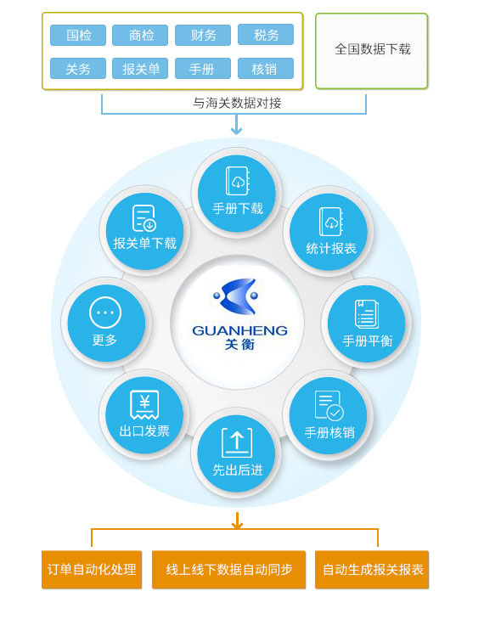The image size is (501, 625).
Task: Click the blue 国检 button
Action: pos(78,35)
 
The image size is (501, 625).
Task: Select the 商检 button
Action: pos(140,35)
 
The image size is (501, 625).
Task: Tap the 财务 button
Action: pos(203,35)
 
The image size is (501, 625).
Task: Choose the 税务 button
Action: pos(266,35)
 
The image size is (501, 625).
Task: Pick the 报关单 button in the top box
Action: pos(140,69)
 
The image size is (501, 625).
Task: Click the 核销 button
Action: pos(266,69)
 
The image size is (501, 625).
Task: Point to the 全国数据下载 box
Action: pos(371,51)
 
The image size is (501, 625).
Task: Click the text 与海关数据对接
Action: pos(237,104)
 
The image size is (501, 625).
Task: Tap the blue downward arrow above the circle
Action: pos(237,125)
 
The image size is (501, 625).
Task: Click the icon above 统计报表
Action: pos(331,222)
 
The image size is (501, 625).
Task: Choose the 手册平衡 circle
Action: pos(367,324)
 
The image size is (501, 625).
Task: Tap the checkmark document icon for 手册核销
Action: pos(329,405)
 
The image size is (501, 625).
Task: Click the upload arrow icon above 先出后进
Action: pos(237,442)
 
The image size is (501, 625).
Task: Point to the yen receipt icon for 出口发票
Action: pos(144,404)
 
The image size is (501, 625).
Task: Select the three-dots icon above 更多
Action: pos(105,312)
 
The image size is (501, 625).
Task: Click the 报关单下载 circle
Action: pos(144,232)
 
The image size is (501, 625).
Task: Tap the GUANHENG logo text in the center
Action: pos(240,330)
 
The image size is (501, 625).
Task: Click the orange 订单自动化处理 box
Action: pos(92,570)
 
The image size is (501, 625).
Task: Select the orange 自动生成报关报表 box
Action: pos(372,570)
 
